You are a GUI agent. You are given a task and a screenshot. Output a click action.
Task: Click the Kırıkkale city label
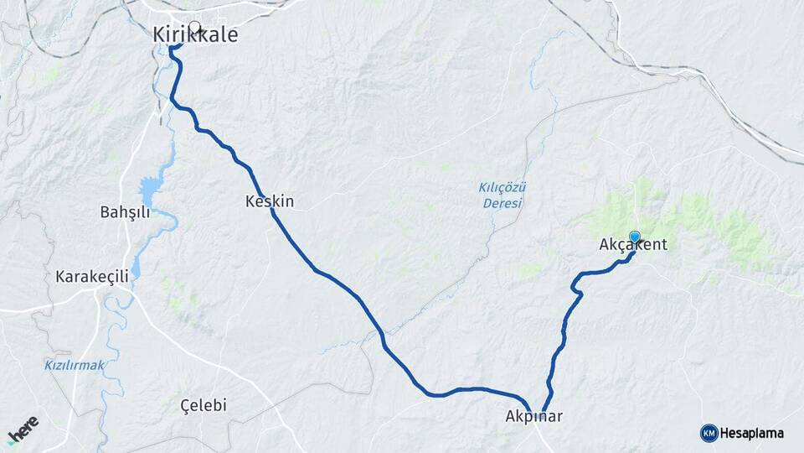195,35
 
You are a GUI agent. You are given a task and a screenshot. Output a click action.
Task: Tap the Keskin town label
270,201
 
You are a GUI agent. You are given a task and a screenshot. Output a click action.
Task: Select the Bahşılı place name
125,212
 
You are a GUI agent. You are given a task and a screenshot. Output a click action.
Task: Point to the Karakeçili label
91,276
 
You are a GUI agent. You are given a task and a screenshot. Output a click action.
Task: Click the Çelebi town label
204,405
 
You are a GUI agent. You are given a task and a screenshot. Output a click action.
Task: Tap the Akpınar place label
533,416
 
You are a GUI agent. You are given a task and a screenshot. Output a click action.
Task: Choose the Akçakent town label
633,245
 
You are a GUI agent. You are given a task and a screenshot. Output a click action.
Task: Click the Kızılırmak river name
74,365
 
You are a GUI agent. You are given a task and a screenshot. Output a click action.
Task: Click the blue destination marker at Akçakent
635,237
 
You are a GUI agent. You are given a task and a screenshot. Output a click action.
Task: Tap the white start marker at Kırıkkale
195,27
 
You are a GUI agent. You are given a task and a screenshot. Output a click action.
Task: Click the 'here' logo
23,430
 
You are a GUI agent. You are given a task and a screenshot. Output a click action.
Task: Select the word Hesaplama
751,433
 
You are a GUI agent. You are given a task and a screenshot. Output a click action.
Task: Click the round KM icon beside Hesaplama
709,433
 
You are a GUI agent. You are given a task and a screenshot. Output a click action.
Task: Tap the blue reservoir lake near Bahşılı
149,192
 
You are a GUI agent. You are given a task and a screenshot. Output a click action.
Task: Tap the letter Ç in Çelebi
186,405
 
